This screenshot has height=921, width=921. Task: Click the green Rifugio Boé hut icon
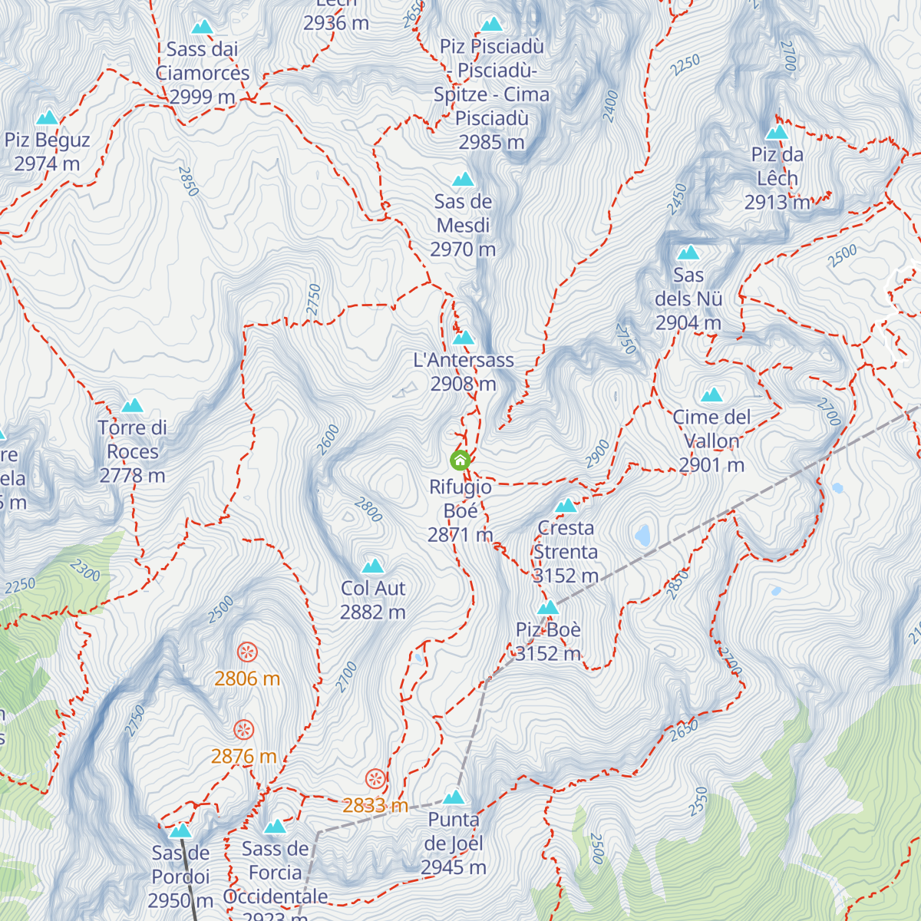click(460, 460)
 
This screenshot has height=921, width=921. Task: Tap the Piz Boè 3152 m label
click(548, 642)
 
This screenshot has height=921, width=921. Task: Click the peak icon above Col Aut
click(373, 566)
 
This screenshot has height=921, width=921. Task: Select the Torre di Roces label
click(132, 451)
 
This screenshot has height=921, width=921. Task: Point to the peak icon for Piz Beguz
click(48, 118)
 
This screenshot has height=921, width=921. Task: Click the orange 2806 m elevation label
click(247, 678)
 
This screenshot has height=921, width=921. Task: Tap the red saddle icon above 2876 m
click(243, 729)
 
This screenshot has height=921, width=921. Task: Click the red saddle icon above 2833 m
click(375, 778)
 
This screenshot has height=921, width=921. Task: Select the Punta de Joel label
click(454, 843)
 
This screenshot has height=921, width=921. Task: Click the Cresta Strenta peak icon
click(566, 506)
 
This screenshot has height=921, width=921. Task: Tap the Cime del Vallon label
click(711, 441)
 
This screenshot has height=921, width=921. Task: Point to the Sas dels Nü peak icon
click(688, 253)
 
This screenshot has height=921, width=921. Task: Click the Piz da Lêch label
click(777, 178)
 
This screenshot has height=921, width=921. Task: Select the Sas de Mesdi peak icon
click(463, 180)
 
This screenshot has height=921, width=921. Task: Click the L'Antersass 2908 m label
click(464, 371)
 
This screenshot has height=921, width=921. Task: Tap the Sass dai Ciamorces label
click(203, 73)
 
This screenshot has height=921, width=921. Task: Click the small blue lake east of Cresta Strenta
click(643, 535)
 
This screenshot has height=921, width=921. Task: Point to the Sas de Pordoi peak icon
click(181, 830)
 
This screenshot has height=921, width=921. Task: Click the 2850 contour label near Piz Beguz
click(188, 181)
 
